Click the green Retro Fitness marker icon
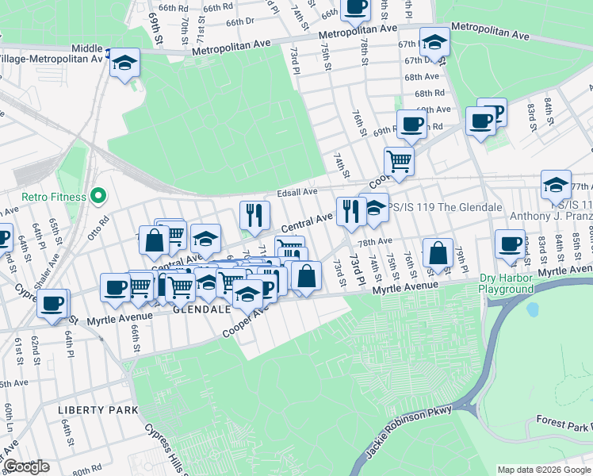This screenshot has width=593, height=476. click(x=98, y=194)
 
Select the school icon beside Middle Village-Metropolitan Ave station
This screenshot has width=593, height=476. click(x=124, y=62)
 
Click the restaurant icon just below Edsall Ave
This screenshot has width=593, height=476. click(x=254, y=214)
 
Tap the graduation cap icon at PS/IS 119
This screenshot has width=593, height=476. click(x=374, y=208)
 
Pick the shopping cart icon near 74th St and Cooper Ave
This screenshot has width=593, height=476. click(x=399, y=161)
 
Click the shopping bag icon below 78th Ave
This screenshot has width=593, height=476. click(x=438, y=253)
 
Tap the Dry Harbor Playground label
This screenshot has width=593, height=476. click(x=506, y=283)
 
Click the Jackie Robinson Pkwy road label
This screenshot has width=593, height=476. click(x=409, y=433)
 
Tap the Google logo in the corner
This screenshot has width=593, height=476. click(x=25, y=466)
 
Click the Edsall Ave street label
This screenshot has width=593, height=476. click(x=297, y=191)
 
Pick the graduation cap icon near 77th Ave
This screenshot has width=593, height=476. click(x=556, y=185)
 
